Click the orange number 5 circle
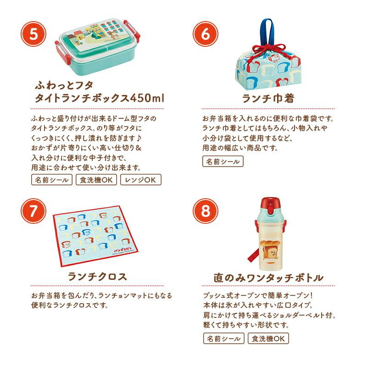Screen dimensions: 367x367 click(x=33, y=34)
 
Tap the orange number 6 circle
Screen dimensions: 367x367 click(x=205, y=34)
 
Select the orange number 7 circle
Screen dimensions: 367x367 click(x=33, y=211)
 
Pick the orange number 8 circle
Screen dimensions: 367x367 click(x=205, y=211)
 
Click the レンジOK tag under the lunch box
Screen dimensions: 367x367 click(x=141, y=180)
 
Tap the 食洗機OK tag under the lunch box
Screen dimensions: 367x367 click(x=96, y=180)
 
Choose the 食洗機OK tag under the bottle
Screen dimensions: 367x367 click(x=268, y=339)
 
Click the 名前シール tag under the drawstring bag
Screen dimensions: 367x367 click(x=223, y=161)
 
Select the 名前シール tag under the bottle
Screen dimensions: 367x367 click(x=224, y=339)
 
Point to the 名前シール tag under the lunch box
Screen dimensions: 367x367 click(x=52, y=180)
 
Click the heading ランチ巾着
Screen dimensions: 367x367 click(x=268, y=98)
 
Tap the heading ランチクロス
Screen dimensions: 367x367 click(x=97, y=277)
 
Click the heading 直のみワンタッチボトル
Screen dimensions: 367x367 click(x=268, y=278)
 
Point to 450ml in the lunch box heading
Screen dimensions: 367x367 click(x=147, y=98)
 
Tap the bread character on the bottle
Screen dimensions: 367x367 click(x=270, y=251)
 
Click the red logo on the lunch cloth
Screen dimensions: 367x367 click(x=121, y=249)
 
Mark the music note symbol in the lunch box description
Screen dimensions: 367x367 click(x=139, y=138)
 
